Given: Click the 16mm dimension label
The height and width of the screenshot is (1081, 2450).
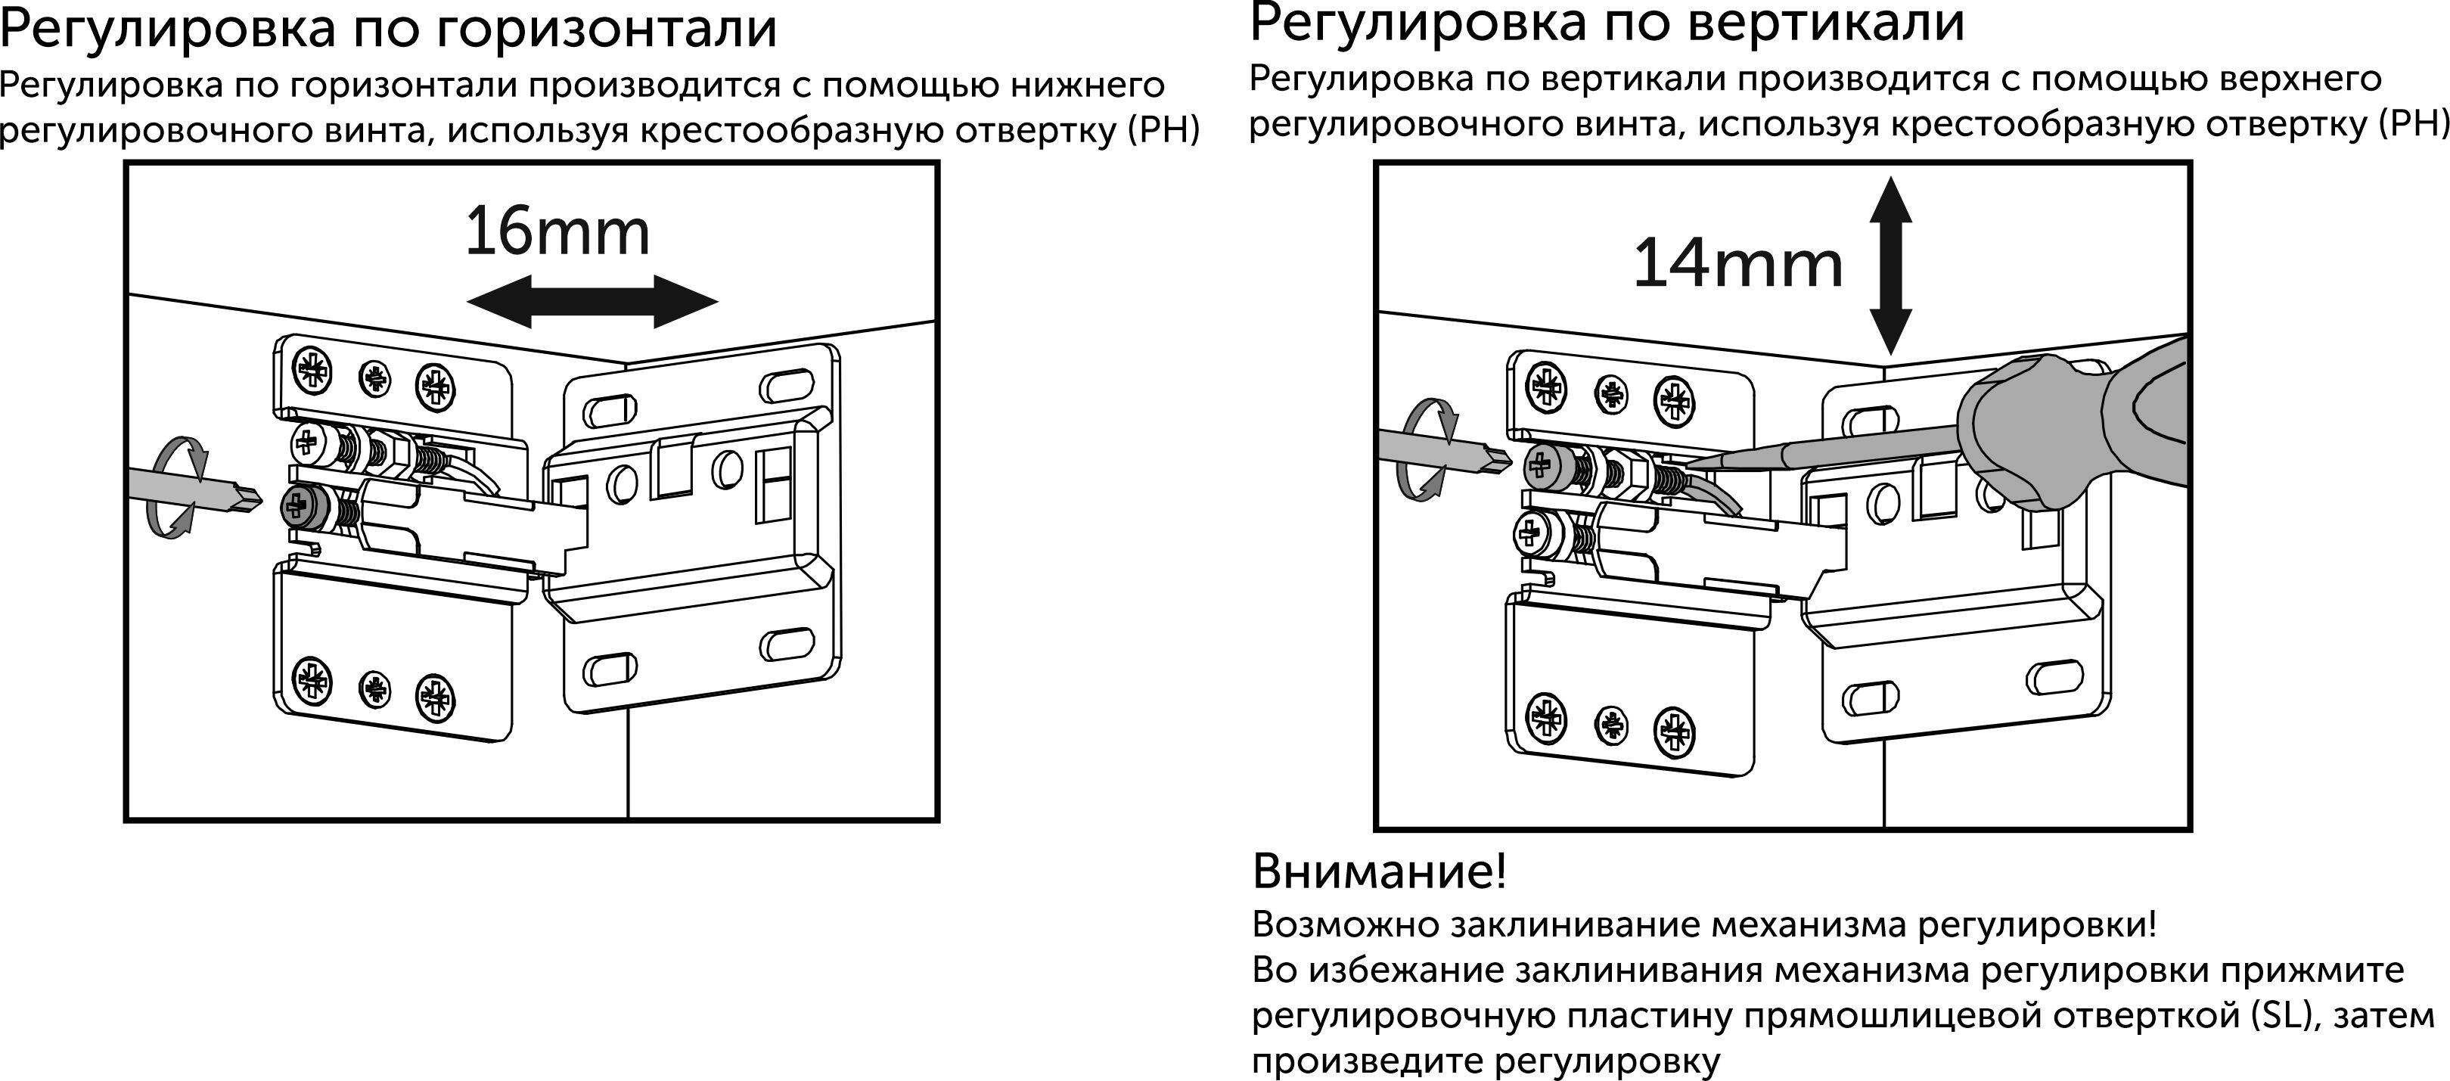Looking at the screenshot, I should pyautogui.click(x=557, y=232).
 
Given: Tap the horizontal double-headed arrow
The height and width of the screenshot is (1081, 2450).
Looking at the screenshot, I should pyautogui.click(x=592, y=303).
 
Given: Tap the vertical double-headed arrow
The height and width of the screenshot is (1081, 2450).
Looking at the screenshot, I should pyautogui.click(x=1891, y=266).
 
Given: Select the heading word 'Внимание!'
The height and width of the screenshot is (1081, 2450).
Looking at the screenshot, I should pyautogui.click(x=1379, y=871).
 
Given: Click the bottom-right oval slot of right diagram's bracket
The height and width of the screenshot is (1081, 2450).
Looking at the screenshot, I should pyautogui.click(x=2054, y=678).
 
